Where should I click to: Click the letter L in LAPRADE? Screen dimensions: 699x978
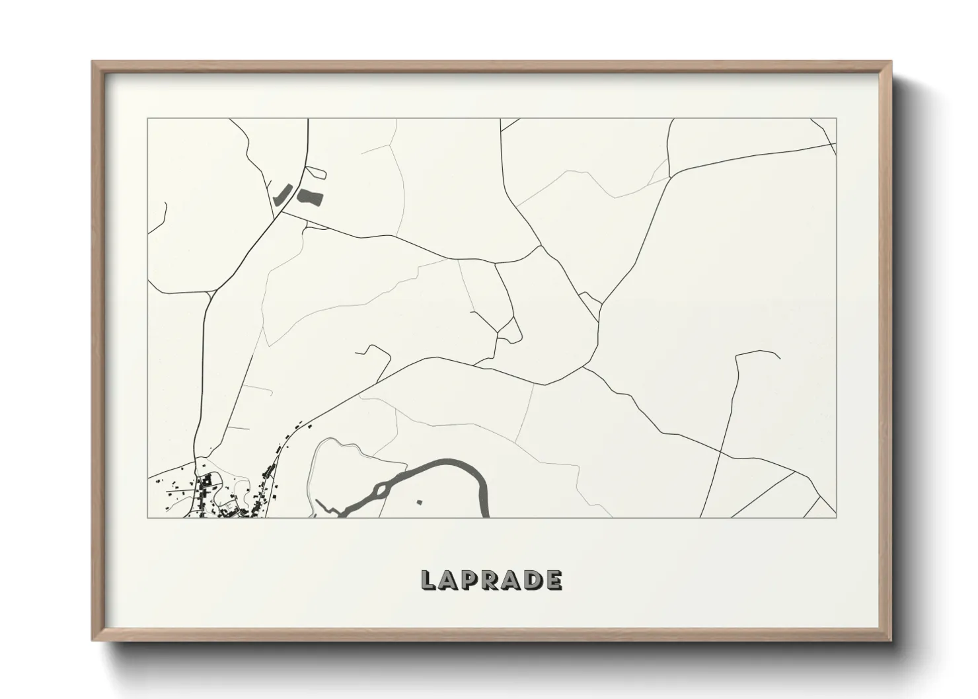coord(428,580)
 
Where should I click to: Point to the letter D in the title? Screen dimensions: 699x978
coord(533,580)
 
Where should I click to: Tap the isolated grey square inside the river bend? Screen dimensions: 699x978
coord(419,503)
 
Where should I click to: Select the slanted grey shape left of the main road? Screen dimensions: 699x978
coord(281,194)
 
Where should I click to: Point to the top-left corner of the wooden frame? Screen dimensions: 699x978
coord(93,62)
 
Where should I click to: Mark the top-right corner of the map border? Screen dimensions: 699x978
coord(837,118)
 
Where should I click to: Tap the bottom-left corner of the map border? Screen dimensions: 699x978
coord(148,517)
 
